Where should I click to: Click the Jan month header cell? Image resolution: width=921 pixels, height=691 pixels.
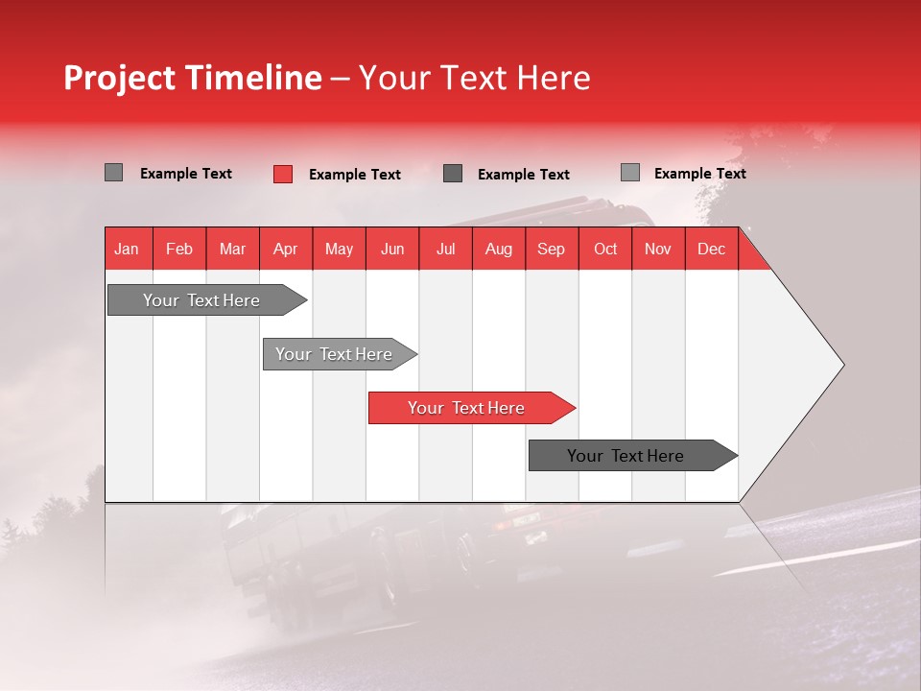click(127, 249)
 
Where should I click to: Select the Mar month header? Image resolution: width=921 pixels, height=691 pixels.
click(232, 249)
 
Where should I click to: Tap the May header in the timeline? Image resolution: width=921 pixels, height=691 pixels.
click(339, 249)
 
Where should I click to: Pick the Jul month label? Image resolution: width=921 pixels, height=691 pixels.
click(445, 249)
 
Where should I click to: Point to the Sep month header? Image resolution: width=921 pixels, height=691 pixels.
click(551, 249)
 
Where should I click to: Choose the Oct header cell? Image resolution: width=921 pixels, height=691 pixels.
click(605, 249)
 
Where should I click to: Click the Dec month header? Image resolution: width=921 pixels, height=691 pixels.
click(711, 249)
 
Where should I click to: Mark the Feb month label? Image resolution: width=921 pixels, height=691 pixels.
click(179, 249)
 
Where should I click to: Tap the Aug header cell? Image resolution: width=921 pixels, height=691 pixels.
click(498, 249)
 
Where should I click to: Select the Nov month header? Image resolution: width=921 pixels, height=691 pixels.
click(658, 249)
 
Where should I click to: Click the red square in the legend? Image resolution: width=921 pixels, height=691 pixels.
click(282, 174)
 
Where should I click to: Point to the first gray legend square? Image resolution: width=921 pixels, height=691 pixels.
click(113, 173)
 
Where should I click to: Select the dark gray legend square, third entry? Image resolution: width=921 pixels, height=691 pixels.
click(453, 174)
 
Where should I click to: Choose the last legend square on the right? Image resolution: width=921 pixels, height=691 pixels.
click(629, 173)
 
